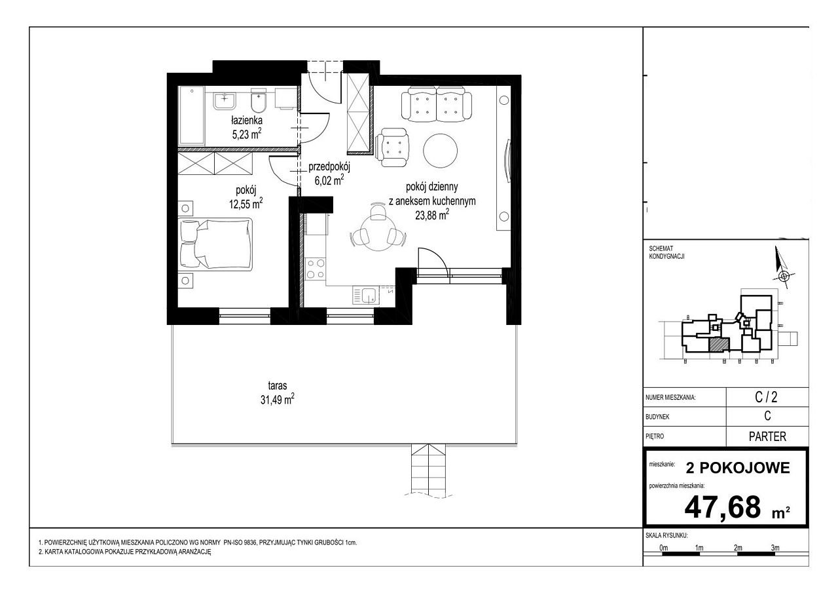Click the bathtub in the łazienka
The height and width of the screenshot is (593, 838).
point(191,116)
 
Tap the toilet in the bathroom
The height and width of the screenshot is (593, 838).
point(258,100)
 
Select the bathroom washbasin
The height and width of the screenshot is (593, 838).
point(225,101)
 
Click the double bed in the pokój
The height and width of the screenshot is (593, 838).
point(216,244)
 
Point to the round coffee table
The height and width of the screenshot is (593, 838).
point(441,151)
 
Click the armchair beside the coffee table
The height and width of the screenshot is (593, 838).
point(392,147)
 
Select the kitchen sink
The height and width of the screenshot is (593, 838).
point(365,296)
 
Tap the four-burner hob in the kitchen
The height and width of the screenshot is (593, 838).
point(316,269)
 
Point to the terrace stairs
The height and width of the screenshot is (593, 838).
point(428,469)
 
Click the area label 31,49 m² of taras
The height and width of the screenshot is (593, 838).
point(277,400)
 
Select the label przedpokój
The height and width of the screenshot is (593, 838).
point(329,167)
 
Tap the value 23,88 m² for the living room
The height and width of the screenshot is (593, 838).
point(432,216)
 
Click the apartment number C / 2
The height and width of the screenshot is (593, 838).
point(766,397)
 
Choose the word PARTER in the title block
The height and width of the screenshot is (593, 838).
point(767,436)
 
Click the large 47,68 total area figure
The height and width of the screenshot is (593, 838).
point(722,508)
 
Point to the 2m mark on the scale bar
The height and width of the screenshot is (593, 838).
point(738,548)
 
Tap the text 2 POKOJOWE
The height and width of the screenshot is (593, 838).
point(738,468)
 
